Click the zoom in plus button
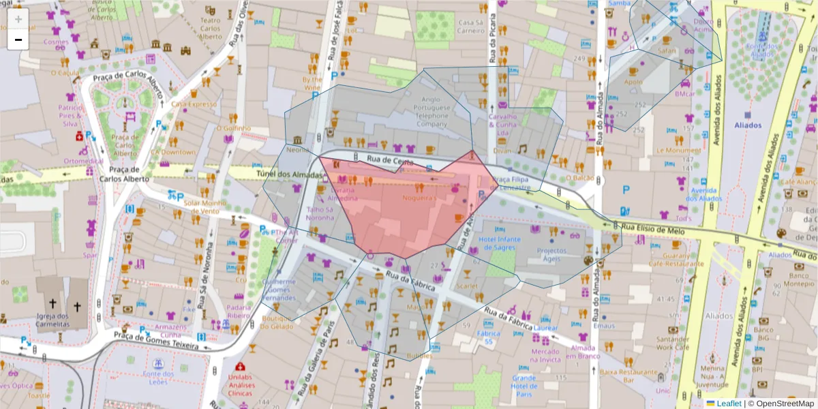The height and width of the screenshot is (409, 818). coord(18,19)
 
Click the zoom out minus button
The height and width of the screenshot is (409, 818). coord(18,40)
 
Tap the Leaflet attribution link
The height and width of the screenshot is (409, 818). coord(729,404)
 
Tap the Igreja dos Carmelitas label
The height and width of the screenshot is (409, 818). coord(62,320)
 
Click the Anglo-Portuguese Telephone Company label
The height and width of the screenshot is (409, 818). coord(432,115)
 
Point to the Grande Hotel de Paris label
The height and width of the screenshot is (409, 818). coord(524,386)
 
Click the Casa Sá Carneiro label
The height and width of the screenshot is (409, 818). coord(470,26)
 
